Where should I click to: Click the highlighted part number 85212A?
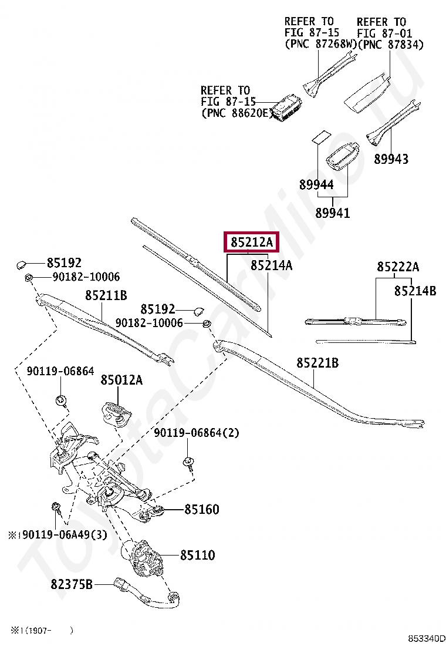pyautogui.click(x=252, y=242)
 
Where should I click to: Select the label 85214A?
pyautogui.click(x=271, y=265)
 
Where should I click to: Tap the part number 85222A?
pyautogui.click(x=398, y=267)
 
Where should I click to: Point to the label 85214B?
pyautogui.click(x=415, y=291)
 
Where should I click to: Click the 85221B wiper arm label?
pyautogui.click(x=317, y=363)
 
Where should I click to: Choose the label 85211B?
pyautogui.click(x=106, y=295)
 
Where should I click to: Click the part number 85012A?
pyautogui.click(x=121, y=380)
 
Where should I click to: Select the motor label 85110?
pyautogui.click(x=198, y=555)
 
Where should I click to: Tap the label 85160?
pyautogui.click(x=202, y=509)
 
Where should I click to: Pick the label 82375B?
pyautogui.click(x=72, y=584)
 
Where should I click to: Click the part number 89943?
pyautogui.click(x=391, y=159)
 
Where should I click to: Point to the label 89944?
pyautogui.click(x=316, y=184)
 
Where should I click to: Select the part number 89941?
pyautogui.click(x=332, y=213)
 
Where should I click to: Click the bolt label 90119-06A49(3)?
pyautogui.click(x=58, y=534)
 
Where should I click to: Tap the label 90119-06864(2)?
pyautogui.click(x=197, y=433)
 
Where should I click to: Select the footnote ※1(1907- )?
pyautogui.click(x=42, y=630)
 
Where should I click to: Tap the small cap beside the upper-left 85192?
pyautogui.click(x=21, y=264)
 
